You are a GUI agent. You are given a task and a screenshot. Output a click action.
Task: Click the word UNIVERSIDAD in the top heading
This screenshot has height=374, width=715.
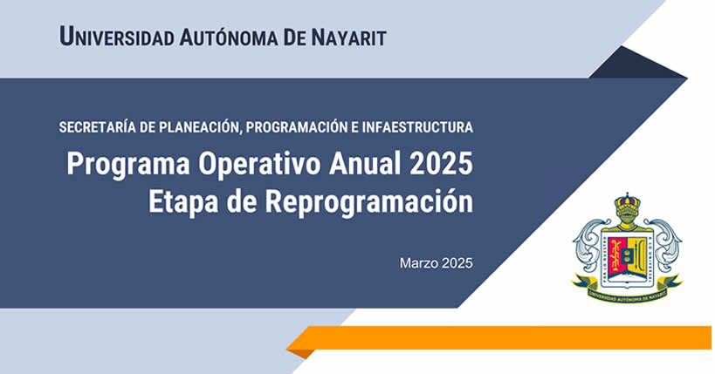click(x=117, y=37)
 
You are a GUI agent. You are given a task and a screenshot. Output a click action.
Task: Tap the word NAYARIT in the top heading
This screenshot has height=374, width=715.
click(x=349, y=37)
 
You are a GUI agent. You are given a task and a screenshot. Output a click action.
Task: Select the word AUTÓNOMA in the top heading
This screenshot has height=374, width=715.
click(x=229, y=37)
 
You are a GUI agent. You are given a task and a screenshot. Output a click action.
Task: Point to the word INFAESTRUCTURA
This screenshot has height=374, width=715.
click(x=417, y=127)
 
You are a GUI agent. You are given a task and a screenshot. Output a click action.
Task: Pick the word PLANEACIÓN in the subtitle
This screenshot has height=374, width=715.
click(x=199, y=127)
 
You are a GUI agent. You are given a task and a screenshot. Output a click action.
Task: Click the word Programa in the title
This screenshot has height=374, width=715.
click(x=128, y=165)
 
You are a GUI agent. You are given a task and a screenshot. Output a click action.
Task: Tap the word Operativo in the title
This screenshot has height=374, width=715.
click(x=259, y=165)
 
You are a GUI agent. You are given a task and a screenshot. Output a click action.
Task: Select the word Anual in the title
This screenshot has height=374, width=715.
click(x=365, y=163)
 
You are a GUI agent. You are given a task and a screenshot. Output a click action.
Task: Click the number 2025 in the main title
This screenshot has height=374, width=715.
click(x=441, y=163)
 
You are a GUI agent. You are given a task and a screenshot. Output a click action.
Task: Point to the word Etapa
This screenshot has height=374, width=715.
click(x=183, y=202)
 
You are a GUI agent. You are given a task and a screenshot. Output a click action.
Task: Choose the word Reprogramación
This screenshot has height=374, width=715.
click(x=369, y=202)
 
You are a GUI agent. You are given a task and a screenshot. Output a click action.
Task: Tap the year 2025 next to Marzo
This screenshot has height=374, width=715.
click(x=457, y=263)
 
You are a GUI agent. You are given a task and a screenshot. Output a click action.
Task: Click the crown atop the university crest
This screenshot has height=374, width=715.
click(x=627, y=203)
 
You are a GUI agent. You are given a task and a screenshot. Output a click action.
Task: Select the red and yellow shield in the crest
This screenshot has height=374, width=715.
click(x=627, y=258)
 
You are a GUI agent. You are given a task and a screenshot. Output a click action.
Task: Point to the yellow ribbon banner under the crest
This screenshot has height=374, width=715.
click(x=627, y=290)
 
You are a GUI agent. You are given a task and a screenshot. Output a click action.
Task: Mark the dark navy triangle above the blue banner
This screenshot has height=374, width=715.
click(x=637, y=63)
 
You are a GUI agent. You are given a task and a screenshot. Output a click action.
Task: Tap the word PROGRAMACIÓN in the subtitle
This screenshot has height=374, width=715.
click(x=297, y=127)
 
